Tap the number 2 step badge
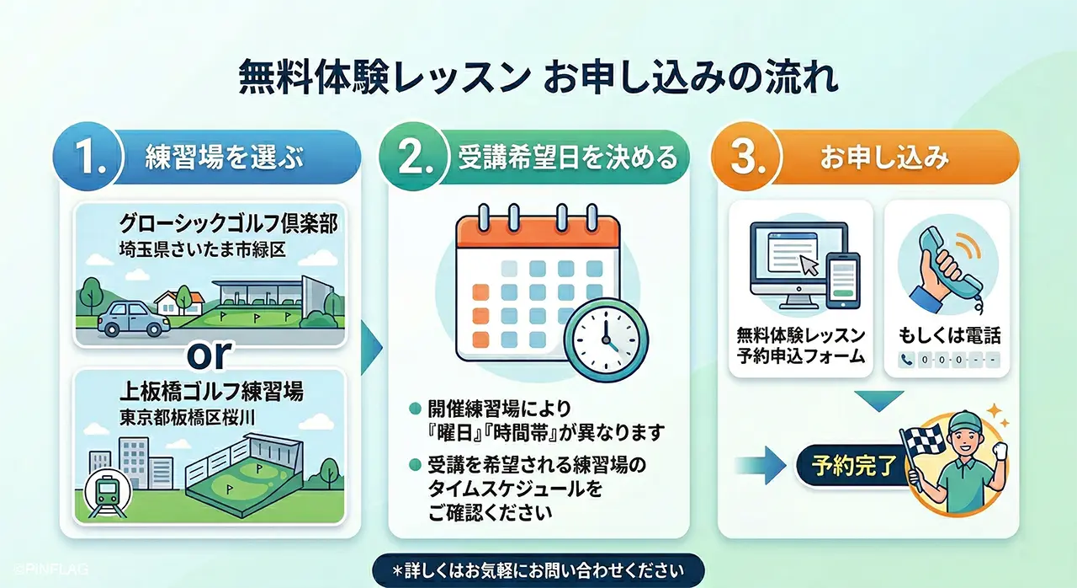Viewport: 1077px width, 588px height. point(414,158)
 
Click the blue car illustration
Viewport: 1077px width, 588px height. point(132,318)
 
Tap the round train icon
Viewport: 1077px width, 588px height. point(107,492)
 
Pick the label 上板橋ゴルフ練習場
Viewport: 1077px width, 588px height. point(210,393)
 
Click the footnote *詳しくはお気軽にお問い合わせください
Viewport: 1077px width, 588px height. point(538,570)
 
